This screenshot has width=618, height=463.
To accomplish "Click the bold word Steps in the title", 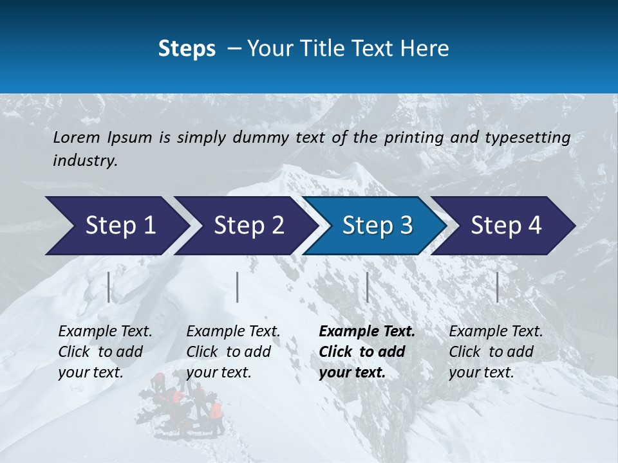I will [187, 49].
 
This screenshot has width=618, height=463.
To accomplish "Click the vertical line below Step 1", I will [109, 287].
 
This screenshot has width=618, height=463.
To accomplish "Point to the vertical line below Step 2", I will [238, 287].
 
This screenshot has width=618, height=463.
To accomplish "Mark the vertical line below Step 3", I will [368, 287].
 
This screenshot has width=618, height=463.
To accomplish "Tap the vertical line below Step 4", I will [498, 287].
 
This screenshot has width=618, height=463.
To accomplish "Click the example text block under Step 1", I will [105, 352].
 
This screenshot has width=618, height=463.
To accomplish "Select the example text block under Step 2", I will [233, 352].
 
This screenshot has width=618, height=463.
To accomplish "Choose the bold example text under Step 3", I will [366, 352].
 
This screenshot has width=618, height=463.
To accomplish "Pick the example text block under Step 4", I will [496, 352].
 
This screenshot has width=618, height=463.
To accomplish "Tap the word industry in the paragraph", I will [84, 161].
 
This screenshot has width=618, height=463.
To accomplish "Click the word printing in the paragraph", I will [412, 138].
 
